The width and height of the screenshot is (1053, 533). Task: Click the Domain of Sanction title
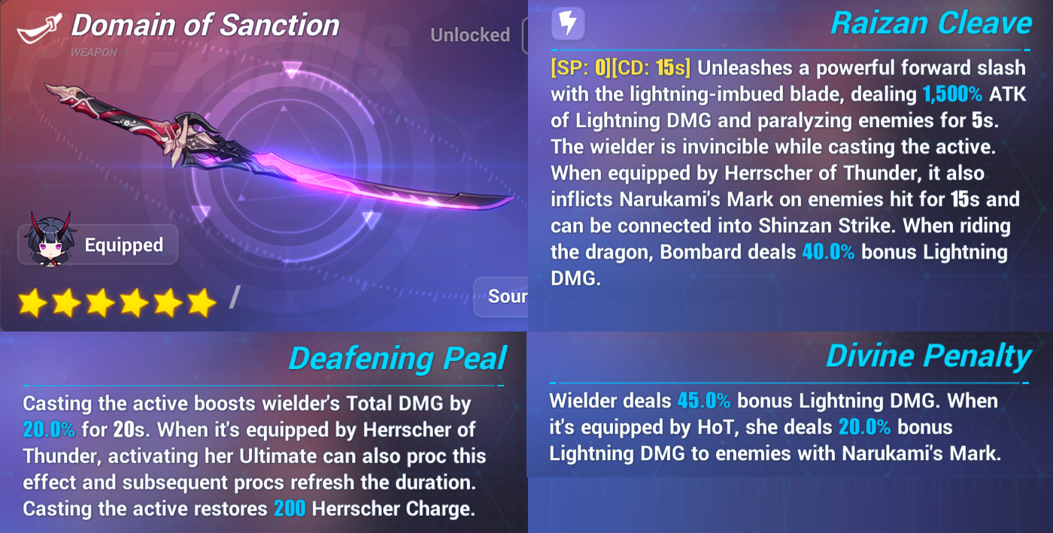tap(205, 25)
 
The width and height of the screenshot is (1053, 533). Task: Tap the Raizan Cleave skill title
tap(931, 23)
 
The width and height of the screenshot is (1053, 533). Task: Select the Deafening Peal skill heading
tap(398, 359)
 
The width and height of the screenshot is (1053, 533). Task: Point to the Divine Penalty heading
tap(929, 356)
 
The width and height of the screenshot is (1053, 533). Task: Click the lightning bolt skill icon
tap(568, 23)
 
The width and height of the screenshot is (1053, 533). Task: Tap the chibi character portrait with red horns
tap(50, 240)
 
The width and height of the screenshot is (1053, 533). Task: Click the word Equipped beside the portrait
tap(123, 245)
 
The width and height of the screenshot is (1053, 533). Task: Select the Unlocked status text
tap(470, 35)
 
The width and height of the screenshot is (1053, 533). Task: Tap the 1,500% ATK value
tap(974, 94)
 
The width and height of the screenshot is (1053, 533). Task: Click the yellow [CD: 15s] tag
tap(653, 68)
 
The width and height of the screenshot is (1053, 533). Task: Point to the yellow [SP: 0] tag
tap(582, 68)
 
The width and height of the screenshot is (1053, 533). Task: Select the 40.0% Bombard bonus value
tap(828, 252)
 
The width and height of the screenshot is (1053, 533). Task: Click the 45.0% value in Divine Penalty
tap(704, 401)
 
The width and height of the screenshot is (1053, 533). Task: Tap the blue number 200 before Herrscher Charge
tap(290, 508)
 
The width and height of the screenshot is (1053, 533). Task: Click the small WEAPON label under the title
tap(93, 52)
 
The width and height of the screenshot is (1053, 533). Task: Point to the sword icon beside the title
tap(39, 29)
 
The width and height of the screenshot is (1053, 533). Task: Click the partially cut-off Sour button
tap(501, 297)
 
